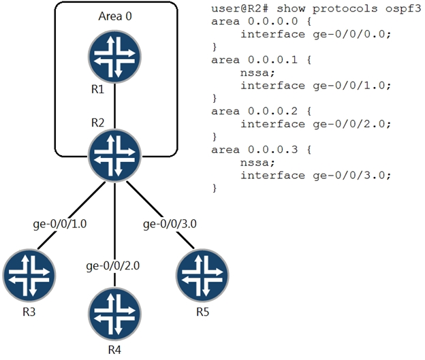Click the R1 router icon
[x=114, y=57]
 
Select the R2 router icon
[x=114, y=155]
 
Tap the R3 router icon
[x=29, y=276]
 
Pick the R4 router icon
[x=114, y=314]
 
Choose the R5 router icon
[x=202, y=276]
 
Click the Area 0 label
[x=115, y=16]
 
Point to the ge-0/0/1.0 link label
[x=60, y=224]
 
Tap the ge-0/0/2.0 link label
[x=113, y=266]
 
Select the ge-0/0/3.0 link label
[x=170, y=224]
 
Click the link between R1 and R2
[x=114, y=106]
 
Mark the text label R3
[x=29, y=312]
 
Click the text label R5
[x=203, y=312]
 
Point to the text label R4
[x=114, y=350]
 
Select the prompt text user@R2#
[x=240, y=9]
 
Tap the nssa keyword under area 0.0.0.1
[x=257, y=73]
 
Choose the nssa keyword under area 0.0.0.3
[x=257, y=163]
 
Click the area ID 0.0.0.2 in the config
[x=272, y=111]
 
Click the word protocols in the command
[x=345, y=9]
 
